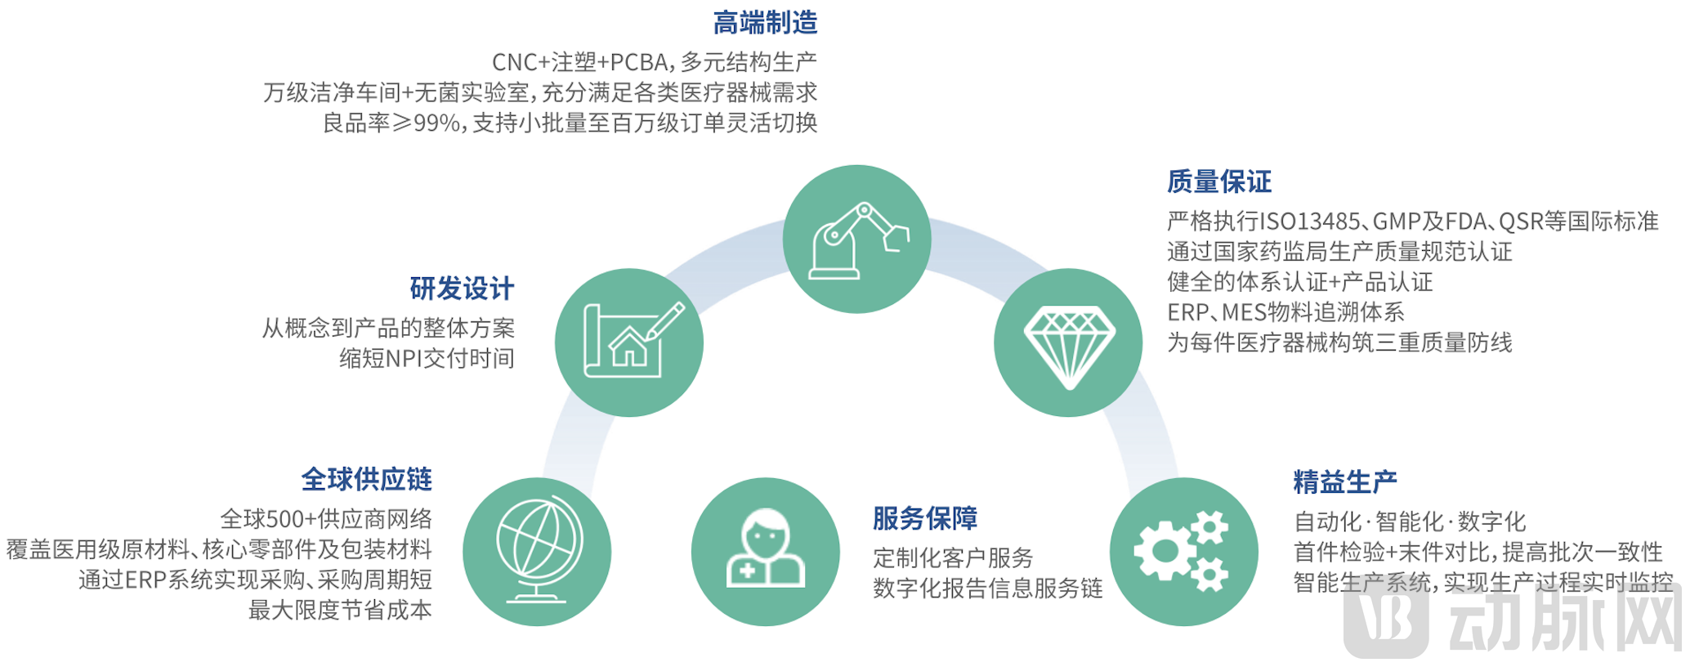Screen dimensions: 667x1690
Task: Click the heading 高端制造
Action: (x=765, y=23)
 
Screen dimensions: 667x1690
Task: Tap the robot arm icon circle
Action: (x=856, y=239)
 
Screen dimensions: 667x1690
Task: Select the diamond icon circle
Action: (x=1068, y=342)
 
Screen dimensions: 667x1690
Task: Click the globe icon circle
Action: (x=537, y=552)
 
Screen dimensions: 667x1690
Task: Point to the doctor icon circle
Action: (x=766, y=552)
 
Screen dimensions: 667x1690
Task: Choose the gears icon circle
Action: (x=1183, y=552)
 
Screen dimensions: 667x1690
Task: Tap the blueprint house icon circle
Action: (x=629, y=342)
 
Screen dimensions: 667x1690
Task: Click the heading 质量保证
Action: (x=1218, y=181)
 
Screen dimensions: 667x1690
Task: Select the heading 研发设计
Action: (x=462, y=289)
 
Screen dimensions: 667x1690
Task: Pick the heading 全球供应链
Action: (x=366, y=479)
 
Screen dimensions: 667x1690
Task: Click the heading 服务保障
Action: (x=925, y=518)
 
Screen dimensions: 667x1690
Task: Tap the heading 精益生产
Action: (x=1344, y=482)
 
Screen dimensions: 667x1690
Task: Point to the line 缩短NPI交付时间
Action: (x=427, y=358)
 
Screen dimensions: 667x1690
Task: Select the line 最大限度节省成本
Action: (x=340, y=610)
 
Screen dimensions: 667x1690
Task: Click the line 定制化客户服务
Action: (x=953, y=558)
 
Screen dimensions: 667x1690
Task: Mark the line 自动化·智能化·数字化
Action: (x=1410, y=522)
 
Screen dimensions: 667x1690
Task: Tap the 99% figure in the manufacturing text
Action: (x=438, y=123)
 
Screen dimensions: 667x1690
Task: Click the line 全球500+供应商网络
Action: (x=326, y=519)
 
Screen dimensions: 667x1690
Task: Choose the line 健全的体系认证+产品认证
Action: (x=1299, y=282)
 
